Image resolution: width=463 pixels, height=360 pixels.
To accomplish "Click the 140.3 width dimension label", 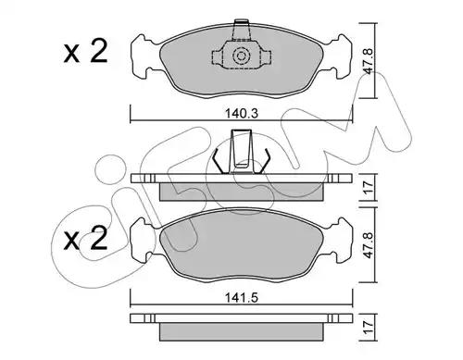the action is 242,114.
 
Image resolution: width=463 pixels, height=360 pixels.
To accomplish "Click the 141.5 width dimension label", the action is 242,298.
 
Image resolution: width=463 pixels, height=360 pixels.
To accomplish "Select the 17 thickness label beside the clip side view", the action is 369,187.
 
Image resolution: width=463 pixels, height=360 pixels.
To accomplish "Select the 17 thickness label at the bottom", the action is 369,327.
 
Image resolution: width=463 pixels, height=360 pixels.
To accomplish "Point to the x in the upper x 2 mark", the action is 71,55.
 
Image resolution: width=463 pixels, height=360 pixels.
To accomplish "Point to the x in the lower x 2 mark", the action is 71,242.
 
